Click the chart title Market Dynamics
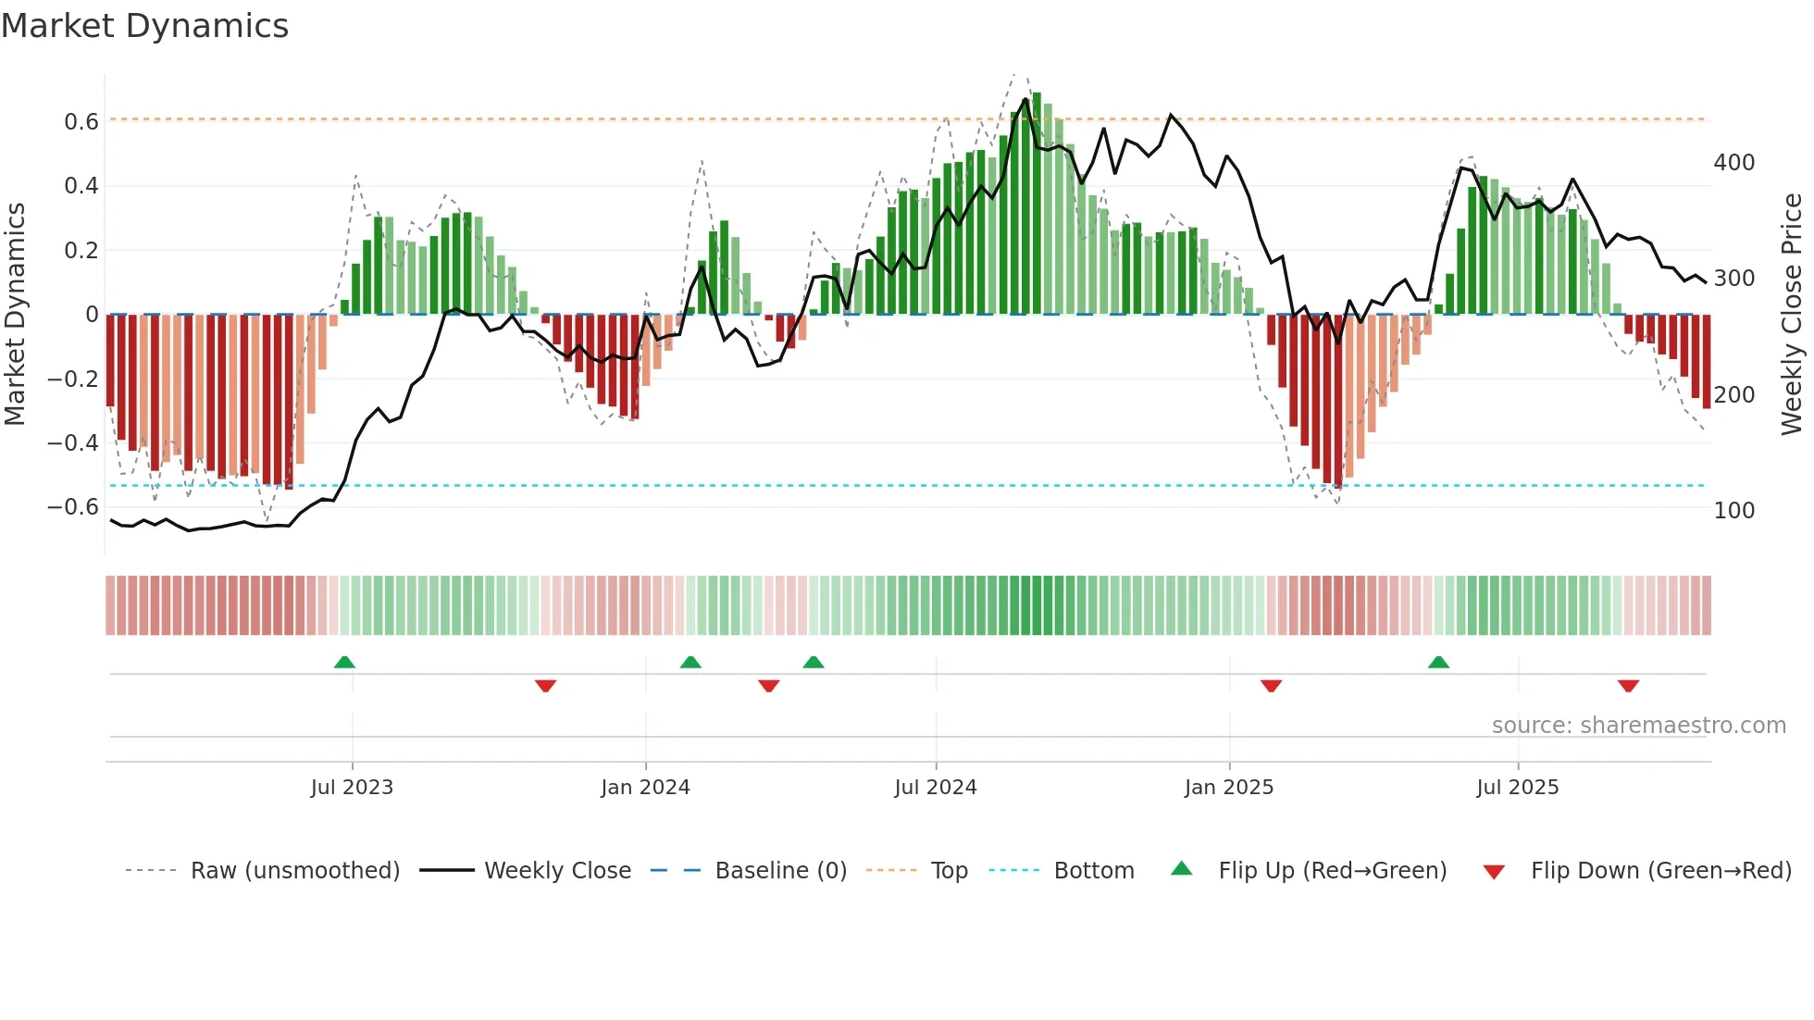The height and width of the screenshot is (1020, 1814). coord(144,26)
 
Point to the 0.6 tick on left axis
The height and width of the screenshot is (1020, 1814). coord(81,122)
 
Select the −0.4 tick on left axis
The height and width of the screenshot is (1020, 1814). coord(73,442)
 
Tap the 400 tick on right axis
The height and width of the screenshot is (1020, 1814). coord(1733,163)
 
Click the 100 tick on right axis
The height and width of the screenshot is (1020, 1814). coord(1733,511)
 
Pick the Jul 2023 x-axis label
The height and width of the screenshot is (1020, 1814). coord(352,788)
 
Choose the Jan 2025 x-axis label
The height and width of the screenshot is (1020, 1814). coord(1228,788)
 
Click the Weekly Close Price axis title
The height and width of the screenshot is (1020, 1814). coord(1792,315)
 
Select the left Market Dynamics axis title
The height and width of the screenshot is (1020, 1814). coord(15,315)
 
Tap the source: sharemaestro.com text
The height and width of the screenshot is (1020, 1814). coord(1638,726)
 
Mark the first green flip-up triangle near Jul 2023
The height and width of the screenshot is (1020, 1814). coord(344,663)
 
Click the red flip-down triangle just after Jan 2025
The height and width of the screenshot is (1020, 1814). coord(1271,686)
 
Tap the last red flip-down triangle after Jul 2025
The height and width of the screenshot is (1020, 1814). coord(1628,686)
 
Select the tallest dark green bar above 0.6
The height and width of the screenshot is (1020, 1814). coord(1037,204)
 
